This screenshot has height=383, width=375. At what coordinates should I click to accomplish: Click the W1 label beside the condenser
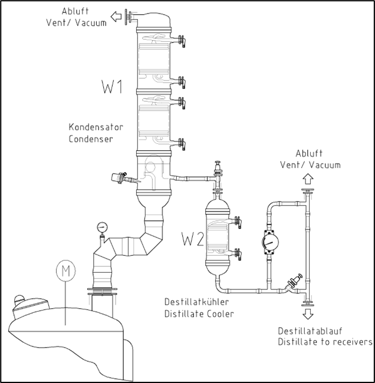point(111,88)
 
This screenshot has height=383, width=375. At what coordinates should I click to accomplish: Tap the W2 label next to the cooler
point(193,240)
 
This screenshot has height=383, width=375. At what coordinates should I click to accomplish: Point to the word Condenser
point(90,139)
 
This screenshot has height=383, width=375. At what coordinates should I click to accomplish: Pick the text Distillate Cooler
point(199,313)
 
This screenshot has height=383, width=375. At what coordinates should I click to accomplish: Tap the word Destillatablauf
point(312,331)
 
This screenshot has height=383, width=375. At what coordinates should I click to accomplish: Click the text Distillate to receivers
point(325,342)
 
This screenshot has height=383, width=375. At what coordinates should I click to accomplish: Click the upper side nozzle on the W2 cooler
point(238,222)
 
